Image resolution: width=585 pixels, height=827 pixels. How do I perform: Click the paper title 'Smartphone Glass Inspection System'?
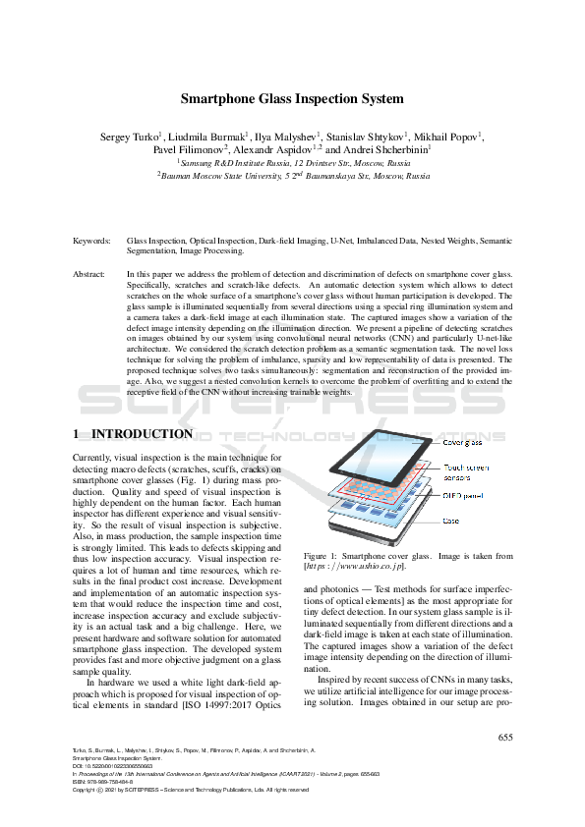tap(292, 98)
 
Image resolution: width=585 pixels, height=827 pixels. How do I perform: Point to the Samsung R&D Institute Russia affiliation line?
tap(293, 163)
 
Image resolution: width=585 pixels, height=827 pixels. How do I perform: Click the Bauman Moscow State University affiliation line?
tap(293, 177)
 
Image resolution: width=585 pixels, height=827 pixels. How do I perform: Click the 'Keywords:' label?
tap(91, 240)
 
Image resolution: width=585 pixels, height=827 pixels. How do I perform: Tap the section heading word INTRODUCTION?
tap(142, 434)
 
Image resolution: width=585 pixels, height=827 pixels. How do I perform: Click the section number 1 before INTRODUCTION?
tap(77, 434)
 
